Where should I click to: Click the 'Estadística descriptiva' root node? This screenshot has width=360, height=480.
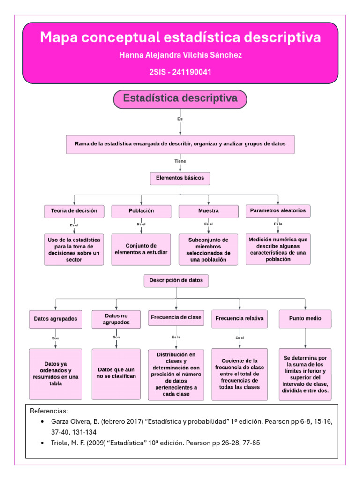point(180,99)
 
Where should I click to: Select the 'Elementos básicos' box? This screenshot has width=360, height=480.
point(180,179)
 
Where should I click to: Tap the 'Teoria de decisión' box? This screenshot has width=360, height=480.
point(74,211)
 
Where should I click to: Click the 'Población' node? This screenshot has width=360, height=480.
point(141,211)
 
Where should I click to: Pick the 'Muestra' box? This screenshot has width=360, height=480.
point(208,211)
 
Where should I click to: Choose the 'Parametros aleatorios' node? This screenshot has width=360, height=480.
point(277,211)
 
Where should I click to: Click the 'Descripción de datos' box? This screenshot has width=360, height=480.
point(176,280)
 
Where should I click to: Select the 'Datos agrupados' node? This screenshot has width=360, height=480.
point(55,319)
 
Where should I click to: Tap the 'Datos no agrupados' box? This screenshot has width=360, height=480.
point(116,319)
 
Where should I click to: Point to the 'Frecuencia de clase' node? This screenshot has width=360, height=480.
point(176,317)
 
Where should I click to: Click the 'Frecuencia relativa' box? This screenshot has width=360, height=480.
point(240,318)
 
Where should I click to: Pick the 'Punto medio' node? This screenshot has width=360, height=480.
point(305,318)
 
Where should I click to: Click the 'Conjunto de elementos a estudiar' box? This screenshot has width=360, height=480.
point(141,249)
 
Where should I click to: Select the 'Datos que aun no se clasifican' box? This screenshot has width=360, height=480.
point(116,373)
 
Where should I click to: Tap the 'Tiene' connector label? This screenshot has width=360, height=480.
point(180,161)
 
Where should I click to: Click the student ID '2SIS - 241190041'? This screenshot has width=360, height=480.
point(180,72)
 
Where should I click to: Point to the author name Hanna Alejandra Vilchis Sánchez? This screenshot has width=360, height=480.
point(180,55)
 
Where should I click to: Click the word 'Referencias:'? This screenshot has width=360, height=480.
point(49,411)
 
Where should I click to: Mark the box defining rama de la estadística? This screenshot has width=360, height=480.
point(180,144)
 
